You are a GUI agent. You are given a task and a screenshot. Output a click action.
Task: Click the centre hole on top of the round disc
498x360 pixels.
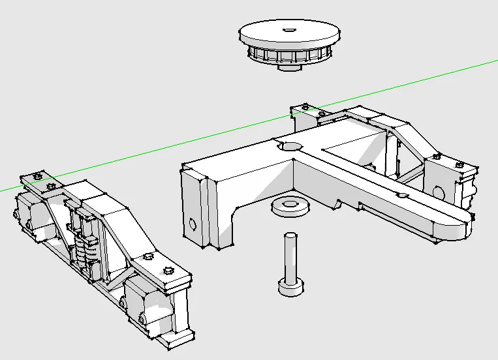(x=288, y=29)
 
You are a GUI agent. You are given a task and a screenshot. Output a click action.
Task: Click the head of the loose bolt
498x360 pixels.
(x=290, y=287)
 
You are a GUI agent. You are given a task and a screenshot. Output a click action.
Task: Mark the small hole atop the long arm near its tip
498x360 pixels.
(x=403, y=194)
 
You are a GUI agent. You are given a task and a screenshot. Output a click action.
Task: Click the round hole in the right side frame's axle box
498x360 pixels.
(x=438, y=194)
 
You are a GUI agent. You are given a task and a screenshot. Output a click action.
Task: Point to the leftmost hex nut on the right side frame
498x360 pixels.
(x=304, y=106)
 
